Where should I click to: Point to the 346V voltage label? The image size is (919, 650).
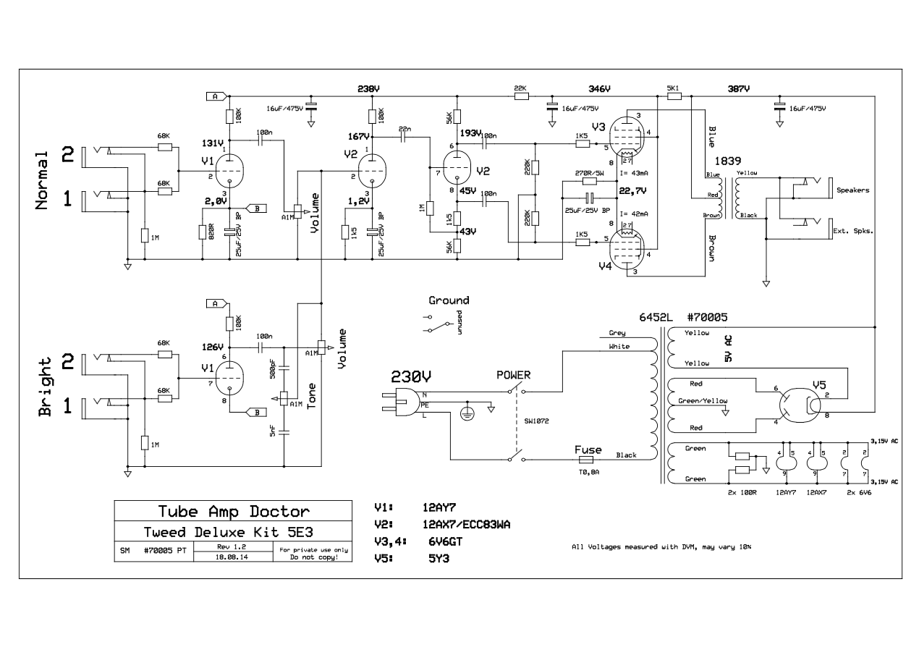click(x=601, y=88)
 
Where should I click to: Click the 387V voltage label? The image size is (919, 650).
click(x=738, y=88)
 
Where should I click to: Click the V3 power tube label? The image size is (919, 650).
click(x=598, y=127)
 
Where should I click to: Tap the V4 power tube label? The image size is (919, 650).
click(x=604, y=266)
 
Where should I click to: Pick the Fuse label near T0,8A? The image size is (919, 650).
click(x=588, y=449)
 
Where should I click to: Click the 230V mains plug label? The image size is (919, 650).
click(x=411, y=376)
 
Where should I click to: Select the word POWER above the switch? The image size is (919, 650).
click(x=513, y=375)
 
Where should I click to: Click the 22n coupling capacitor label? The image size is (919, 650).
click(x=405, y=128)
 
